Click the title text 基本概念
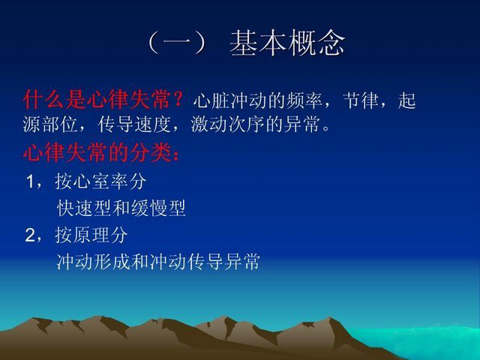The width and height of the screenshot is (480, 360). point(287,43)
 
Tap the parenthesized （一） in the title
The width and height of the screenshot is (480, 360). point(177,43)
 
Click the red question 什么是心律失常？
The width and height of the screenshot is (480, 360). point(103,99)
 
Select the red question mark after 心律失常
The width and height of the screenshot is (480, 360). point(178,99)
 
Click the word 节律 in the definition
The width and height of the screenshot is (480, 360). point(360,100)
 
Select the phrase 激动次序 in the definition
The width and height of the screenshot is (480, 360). point(228,124)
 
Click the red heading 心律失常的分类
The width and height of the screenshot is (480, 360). point(97,152)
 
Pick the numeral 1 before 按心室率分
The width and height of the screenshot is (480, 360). point(31,181)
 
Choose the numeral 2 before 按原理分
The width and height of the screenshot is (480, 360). point(31,235)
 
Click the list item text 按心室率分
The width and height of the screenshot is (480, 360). point(100,181)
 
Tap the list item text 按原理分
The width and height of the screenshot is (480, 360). point(91,235)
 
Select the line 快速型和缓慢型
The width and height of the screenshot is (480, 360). point(121,208)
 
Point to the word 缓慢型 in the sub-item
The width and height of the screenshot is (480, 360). point(158,208)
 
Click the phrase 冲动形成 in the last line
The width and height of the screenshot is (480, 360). point(93,262)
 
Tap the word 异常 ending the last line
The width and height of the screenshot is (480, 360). point(241,262)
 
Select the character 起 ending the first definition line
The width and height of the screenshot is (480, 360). point(406,100)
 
